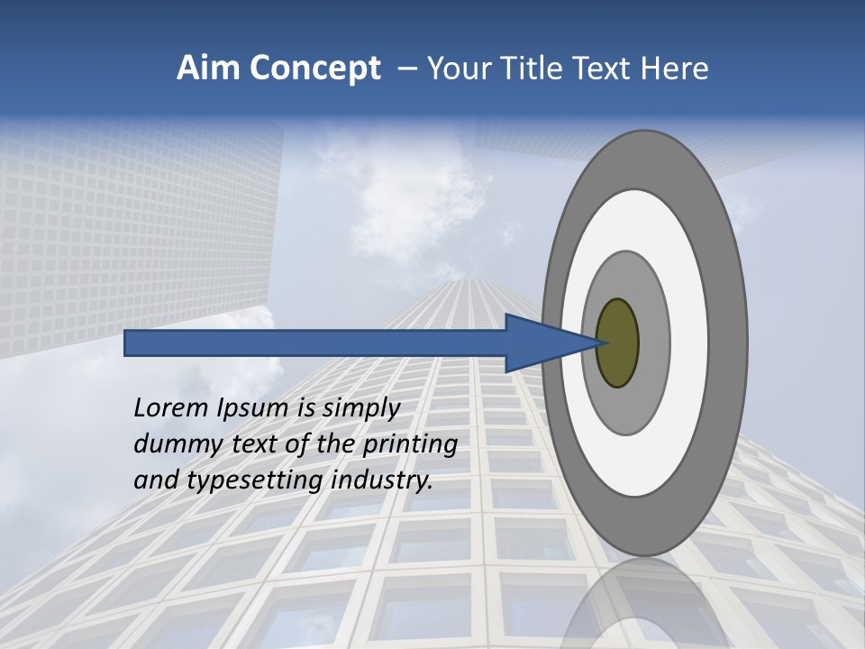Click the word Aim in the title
click(208, 69)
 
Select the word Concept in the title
click(315, 69)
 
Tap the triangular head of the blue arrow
click(541, 343)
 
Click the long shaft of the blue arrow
click(315, 343)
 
